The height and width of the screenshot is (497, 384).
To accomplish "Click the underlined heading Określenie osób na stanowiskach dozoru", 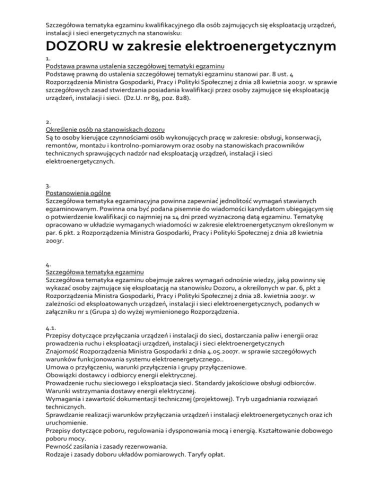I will (105, 129).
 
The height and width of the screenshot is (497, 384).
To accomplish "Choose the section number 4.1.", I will (51, 328).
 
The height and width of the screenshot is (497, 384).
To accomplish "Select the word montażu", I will (93, 145).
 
